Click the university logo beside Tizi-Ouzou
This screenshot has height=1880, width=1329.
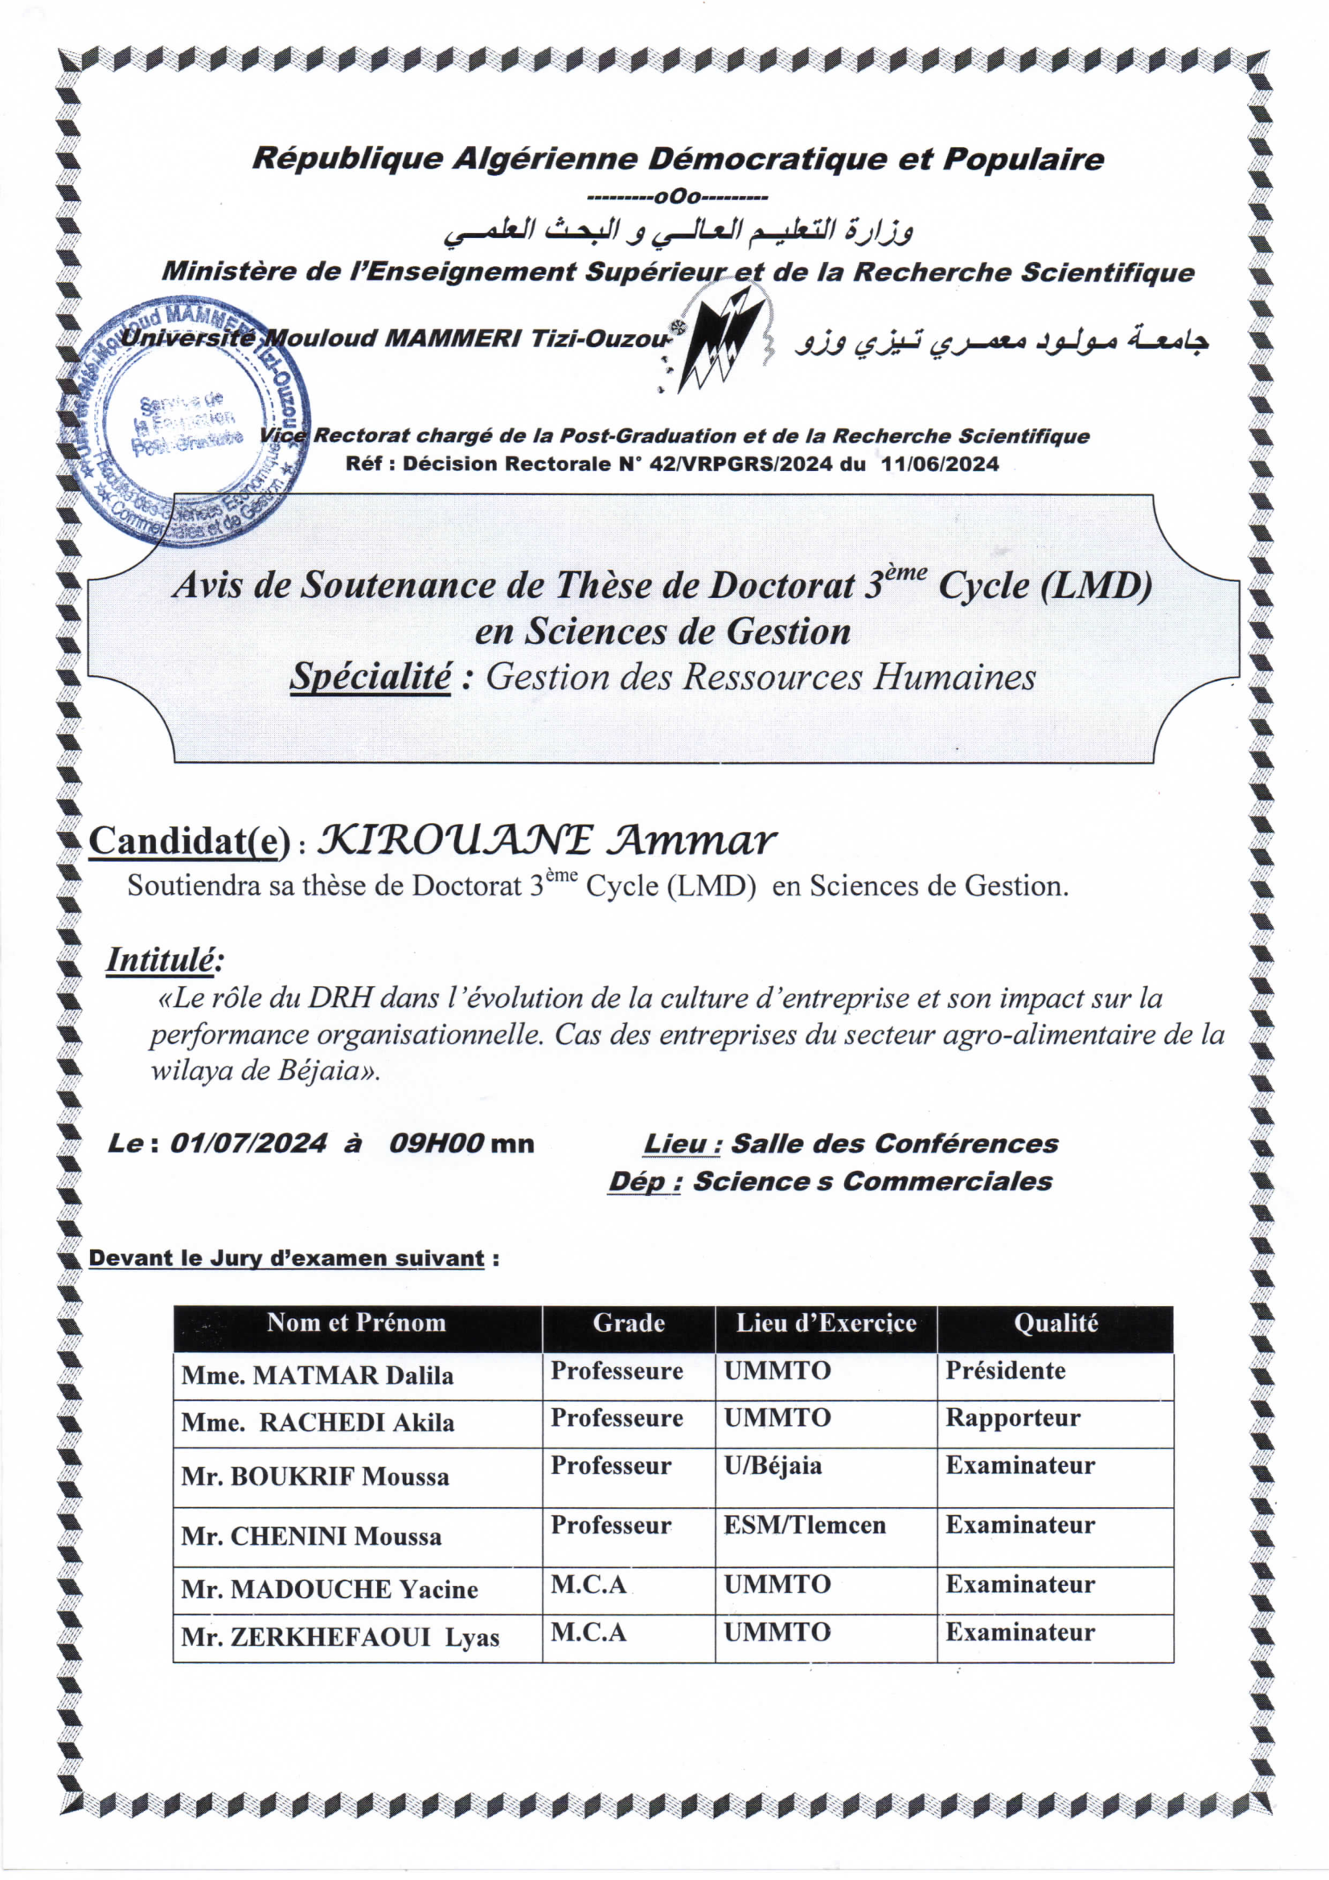(719, 343)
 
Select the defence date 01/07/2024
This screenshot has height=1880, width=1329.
(248, 1143)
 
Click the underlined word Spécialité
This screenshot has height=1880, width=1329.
(370, 677)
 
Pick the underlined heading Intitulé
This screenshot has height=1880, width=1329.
(164, 960)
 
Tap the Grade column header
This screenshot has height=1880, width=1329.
(628, 1322)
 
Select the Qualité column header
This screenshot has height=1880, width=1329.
(1056, 1322)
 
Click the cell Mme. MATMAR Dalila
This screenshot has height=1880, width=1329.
(318, 1374)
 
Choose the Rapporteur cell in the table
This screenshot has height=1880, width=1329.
(1013, 1417)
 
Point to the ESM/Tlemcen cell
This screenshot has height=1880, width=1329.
(804, 1525)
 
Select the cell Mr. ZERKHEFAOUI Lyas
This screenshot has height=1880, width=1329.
(340, 1636)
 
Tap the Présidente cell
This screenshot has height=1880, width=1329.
(1006, 1370)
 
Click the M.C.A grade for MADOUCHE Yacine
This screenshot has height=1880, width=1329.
(588, 1584)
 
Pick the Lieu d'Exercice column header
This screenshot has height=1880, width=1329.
(826, 1322)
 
